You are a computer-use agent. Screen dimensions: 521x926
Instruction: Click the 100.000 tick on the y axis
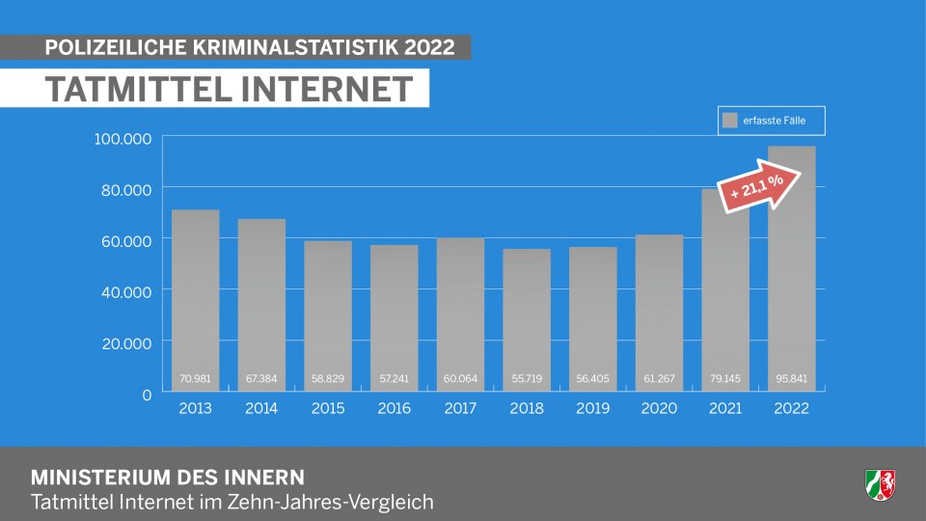123,139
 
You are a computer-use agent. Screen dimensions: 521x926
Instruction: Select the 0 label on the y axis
147,394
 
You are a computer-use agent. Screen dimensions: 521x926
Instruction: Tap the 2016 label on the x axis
394,409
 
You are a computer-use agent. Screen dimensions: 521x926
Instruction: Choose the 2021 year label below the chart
725,409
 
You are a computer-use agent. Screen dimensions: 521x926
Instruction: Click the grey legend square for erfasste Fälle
730,121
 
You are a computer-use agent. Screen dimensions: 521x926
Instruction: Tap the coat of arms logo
880,482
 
